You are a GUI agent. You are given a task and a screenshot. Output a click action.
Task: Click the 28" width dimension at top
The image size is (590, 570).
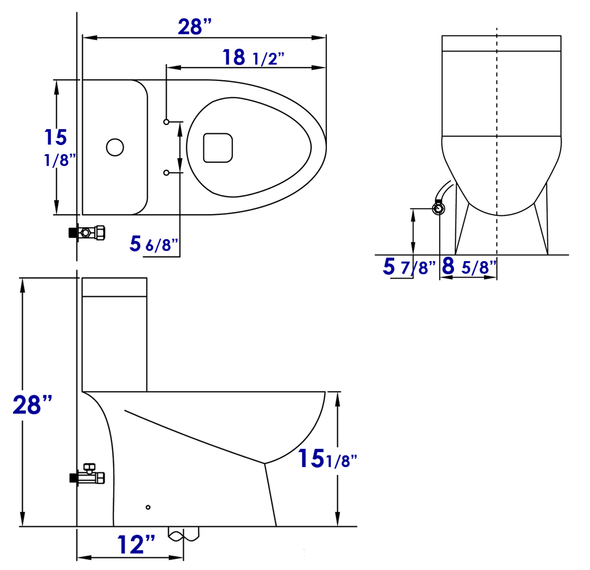(x=194, y=27)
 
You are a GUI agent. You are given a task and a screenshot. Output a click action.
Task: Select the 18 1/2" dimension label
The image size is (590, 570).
(x=253, y=58)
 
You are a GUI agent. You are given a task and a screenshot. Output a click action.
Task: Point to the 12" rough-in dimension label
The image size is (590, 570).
(x=136, y=545)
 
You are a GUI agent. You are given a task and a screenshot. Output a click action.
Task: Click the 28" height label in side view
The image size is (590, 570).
(x=32, y=405)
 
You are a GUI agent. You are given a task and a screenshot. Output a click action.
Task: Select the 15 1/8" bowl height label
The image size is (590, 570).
(x=327, y=459)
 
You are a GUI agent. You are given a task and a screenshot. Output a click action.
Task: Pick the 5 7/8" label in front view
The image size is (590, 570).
(x=409, y=267)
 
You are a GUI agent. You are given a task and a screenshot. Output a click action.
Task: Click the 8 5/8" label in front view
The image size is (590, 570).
(x=469, y=266)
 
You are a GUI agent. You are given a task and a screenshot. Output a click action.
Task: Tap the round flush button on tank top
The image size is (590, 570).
(x=115, y=147)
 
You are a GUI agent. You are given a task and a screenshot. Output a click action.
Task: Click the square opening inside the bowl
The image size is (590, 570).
(x=218, y=148)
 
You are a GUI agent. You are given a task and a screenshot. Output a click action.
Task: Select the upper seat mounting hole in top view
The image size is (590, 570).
(x=166, y=122)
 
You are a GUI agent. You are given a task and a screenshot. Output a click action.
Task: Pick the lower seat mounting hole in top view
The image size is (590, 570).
(x=166, y=173)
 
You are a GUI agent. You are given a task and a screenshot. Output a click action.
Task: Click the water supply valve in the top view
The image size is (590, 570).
(x=88, y=233)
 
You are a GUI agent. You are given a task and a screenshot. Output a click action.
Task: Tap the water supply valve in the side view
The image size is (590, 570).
(x=88, y=475)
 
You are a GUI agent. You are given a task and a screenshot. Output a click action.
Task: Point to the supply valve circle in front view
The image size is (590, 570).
(x=438, y=209)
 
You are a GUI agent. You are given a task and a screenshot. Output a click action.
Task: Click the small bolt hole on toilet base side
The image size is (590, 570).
(x=148, y=507)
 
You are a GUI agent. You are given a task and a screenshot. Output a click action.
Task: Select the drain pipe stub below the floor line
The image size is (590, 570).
(x=183, y=534)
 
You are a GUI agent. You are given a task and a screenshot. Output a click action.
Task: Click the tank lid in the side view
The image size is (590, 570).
(x=114, y=287)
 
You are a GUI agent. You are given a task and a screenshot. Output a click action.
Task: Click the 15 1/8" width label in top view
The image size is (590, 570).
(x=56, y=147)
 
